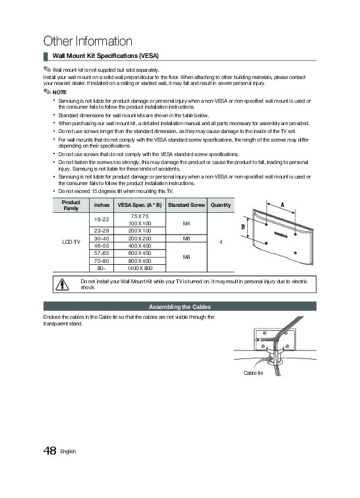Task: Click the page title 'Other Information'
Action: click(88, 41)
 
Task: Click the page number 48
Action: click(49, 451)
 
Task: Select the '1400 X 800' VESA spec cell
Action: click(140, 268)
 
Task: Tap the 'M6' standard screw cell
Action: click(187, 238)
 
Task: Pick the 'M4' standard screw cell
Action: click(187, 223)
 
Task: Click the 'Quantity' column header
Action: click(221, 205)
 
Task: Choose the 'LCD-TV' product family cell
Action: click(71, 242)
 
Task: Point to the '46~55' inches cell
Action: click(102, 246)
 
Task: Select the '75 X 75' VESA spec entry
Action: click(140, 216)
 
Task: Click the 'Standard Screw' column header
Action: click(187, 205)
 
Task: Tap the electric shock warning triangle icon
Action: click(62, 285)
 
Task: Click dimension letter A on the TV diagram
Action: click(282, 205)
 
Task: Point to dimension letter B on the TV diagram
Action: click(243, 227)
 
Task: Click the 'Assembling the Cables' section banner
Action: click(180, 306)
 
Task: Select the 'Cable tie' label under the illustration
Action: click(253, 373)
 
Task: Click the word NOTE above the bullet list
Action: click(59, 92)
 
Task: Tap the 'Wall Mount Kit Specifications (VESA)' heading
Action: click(105, 56)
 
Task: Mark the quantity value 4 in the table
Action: click(221, 242)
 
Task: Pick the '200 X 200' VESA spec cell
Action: click(140, 238)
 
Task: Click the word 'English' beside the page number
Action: click(68, 451)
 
